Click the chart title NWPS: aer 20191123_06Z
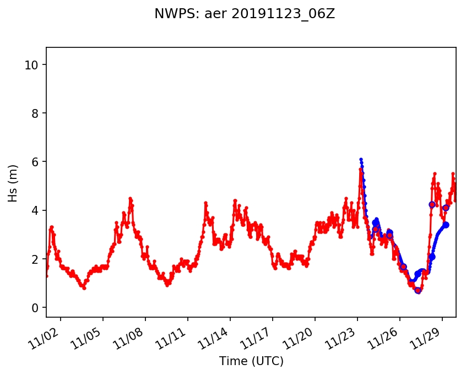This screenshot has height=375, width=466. (x=245, y=14)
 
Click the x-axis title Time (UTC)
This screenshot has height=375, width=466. (x=251, y=361)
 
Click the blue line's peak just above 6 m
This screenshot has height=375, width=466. (x=361, y=159)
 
